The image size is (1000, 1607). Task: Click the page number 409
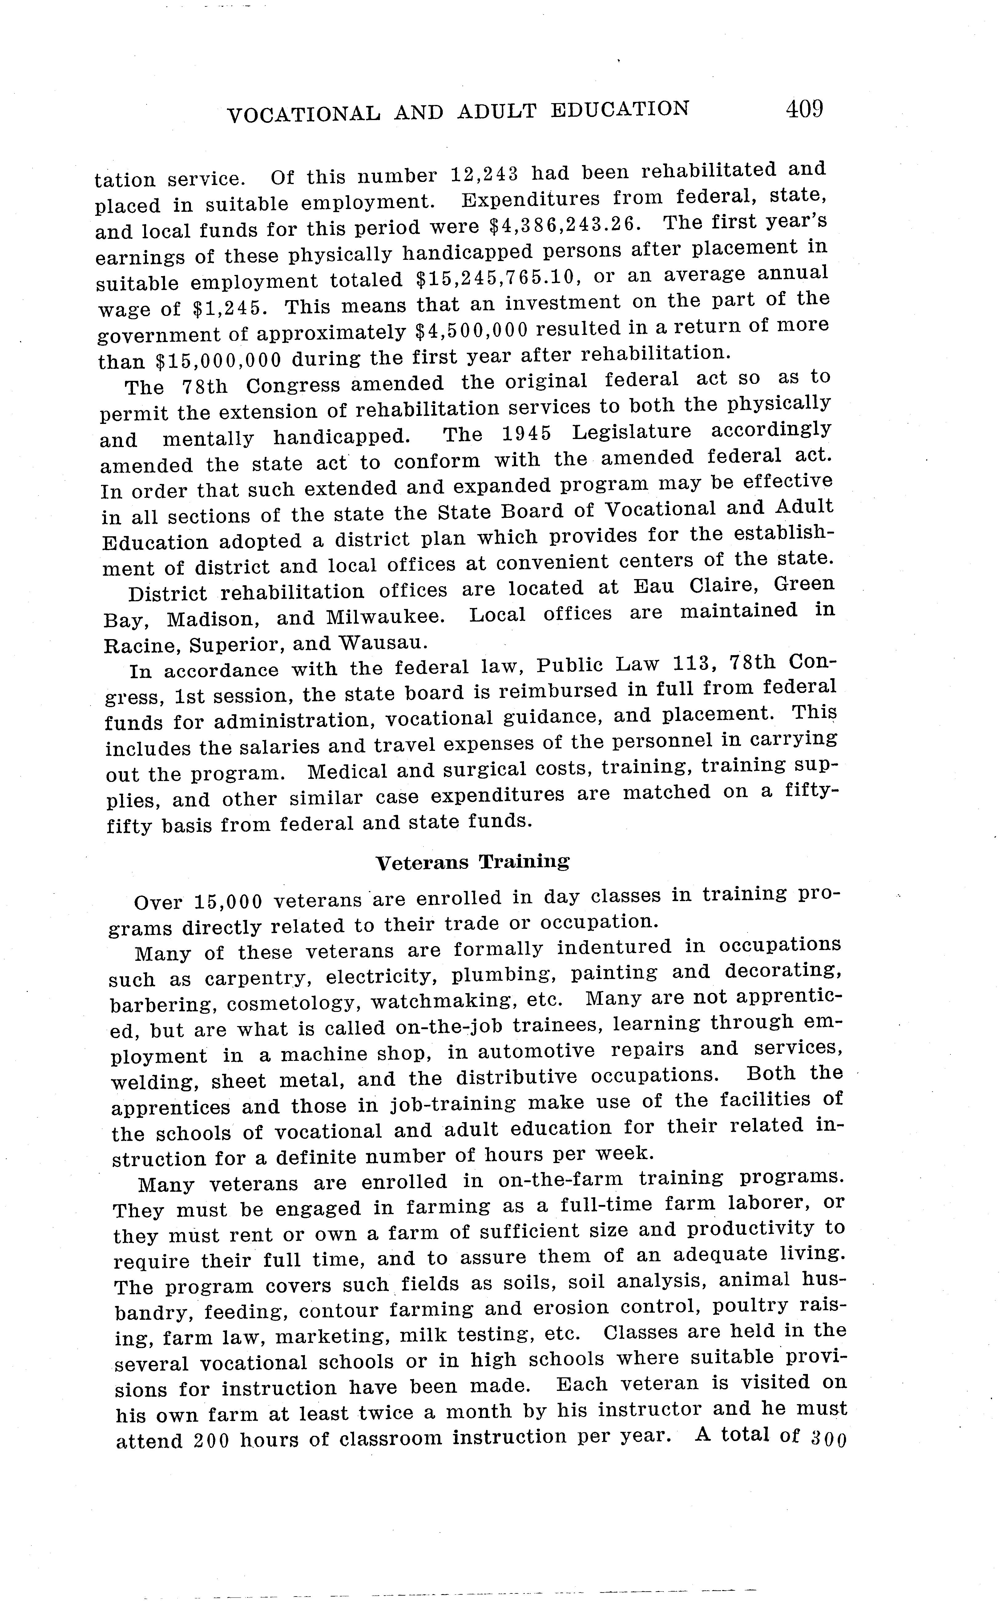coord(804,108)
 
